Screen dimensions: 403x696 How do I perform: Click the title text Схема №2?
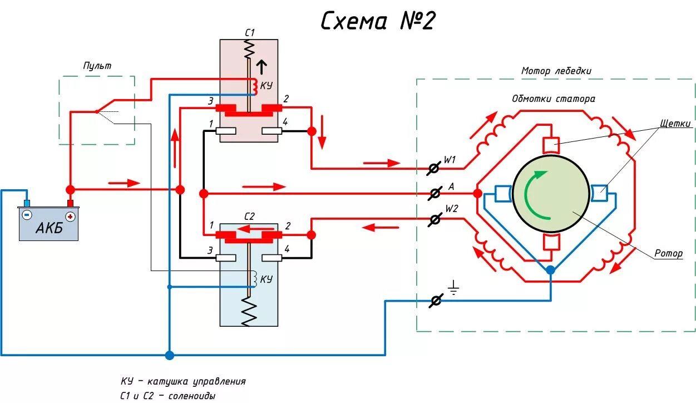click(378, 21)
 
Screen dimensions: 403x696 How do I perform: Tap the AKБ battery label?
click(49, 229)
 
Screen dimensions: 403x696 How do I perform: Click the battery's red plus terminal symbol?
click(70, 215)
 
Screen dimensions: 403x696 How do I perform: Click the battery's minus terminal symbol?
click(27, 215)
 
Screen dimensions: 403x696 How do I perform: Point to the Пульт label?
click(97, 66)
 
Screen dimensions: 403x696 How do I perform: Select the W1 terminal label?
click(450, 160)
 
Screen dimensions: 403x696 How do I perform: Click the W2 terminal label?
click(451, 210)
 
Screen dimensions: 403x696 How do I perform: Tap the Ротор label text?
click(668, 253)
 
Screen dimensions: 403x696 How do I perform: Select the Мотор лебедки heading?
click(556, 71)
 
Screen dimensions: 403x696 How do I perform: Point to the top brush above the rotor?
click(551, 145)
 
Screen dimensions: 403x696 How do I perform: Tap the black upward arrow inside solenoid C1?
click(261, 67)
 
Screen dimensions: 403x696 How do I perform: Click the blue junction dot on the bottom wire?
click(169, 355)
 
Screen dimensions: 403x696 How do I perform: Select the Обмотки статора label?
click(553, 99)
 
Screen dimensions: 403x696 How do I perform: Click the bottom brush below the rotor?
click(551, 243)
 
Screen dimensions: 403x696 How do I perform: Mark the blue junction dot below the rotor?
click(550, 270)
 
